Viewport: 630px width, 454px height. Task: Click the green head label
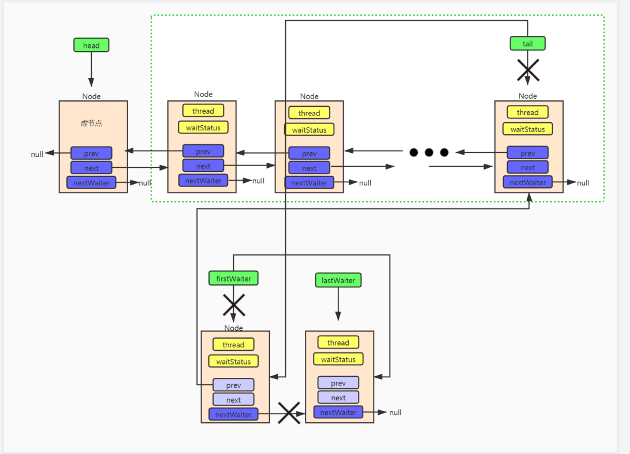click(91, 45)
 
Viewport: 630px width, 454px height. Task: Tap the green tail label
click(527, 43)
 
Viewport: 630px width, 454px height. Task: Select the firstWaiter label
click(233, 279)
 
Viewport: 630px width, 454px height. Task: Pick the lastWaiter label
click(338, 280)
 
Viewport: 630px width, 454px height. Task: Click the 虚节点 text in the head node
click(91, 123)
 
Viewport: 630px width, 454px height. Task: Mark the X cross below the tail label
click(528, 71)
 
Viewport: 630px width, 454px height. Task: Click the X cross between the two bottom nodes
click(289, 413)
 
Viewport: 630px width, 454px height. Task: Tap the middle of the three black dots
click(429, 152)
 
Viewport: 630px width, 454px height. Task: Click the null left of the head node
click(37, 154)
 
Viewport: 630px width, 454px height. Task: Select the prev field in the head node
click(91, 153)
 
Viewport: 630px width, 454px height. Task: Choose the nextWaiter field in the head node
click(91, 183)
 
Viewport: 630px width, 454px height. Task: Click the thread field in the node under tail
click(527, 112)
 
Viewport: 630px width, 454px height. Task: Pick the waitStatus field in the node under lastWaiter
click(338, 359)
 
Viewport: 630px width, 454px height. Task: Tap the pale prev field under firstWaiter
click(233, 385)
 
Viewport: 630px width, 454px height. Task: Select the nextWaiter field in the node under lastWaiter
click(338, 412)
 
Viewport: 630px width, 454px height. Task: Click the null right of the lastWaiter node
click(395, 412)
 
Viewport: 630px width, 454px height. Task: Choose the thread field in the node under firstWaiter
click(233, 345)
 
